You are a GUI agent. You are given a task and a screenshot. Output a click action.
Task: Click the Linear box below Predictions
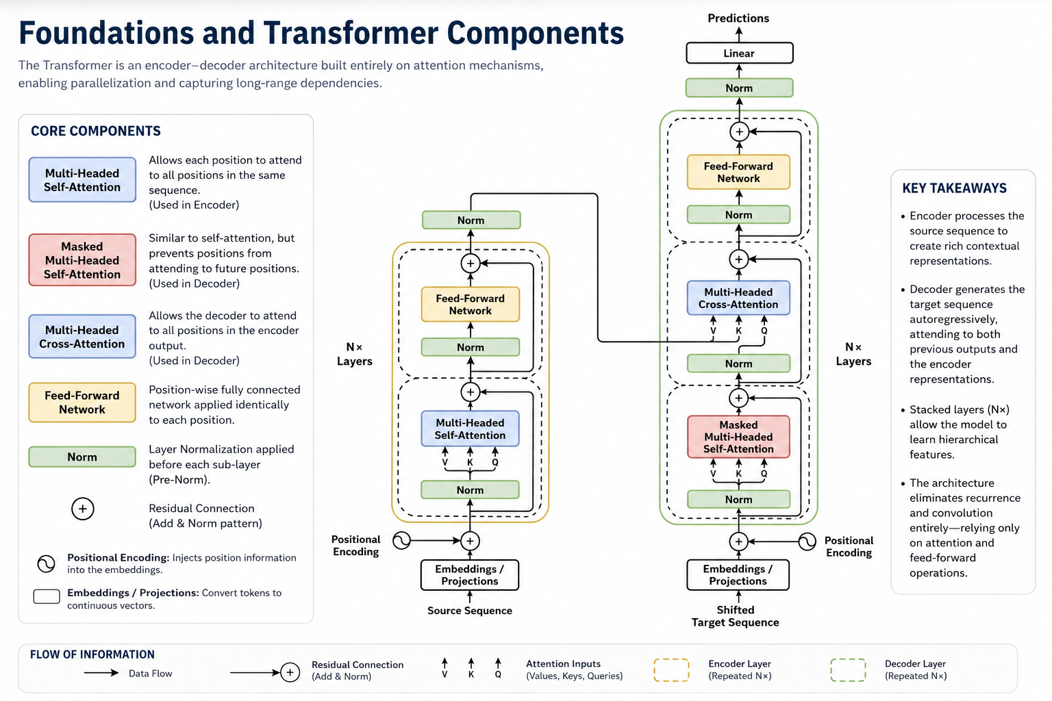click(739, 53)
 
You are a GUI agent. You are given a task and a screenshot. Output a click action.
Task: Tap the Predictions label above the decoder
click(738, 18)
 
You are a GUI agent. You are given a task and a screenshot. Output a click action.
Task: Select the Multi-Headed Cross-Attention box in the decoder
click(738, 298)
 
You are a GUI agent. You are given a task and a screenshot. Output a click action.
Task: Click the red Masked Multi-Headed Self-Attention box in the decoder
click(738, 437)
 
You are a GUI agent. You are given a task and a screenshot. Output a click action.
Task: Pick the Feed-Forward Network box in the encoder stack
click(470, 304)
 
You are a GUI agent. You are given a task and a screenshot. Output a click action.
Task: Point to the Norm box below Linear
click(739, 88)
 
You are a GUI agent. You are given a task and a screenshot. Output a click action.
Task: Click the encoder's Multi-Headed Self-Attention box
click(470, 429)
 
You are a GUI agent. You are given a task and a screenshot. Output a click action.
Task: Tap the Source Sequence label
click(470, 611)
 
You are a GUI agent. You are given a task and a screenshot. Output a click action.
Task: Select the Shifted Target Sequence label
click(735, 616)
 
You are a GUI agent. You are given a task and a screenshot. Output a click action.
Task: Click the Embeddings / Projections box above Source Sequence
click(470, 575)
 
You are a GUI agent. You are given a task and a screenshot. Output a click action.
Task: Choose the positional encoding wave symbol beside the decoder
click(807, 541)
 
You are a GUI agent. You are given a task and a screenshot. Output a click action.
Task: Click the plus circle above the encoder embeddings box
click(470, 541)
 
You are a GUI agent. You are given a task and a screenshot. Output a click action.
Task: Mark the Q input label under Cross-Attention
click(764, 331)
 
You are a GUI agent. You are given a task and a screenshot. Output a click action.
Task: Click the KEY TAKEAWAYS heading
click(954, 188)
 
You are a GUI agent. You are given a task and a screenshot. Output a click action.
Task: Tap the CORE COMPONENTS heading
click(96, 131)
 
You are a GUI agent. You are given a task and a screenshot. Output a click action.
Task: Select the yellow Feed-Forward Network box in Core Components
click(82, 403)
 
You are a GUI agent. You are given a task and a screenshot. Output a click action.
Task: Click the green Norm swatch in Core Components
click(82, 457)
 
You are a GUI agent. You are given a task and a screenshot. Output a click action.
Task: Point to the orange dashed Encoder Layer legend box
click(672, 670)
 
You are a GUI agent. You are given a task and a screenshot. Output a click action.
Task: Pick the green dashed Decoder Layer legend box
click(848, 670)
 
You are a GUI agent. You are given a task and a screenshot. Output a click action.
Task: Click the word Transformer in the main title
click(351, 33)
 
